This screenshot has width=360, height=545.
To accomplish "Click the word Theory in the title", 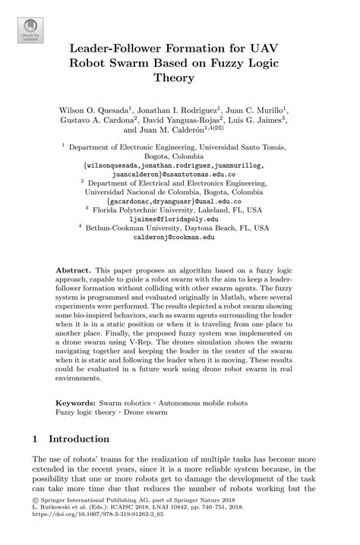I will point(181,77).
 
